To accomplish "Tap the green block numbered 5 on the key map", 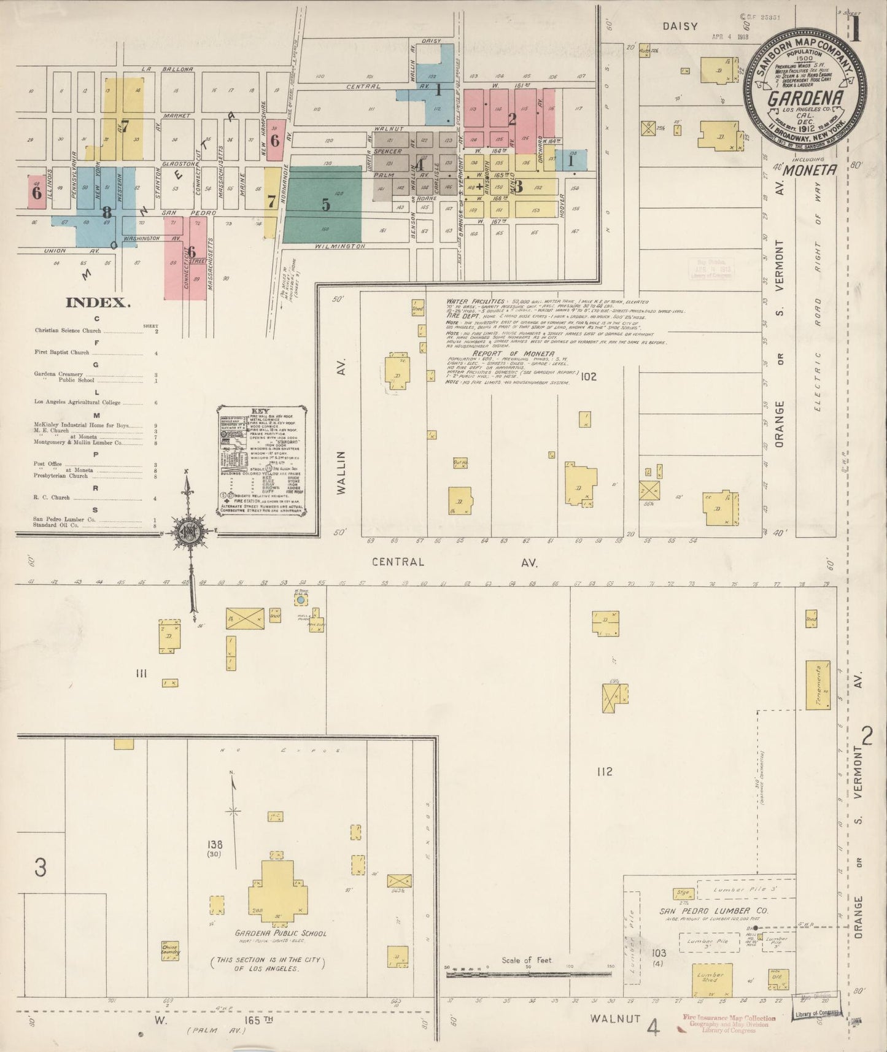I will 323,204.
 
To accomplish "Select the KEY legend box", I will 261,459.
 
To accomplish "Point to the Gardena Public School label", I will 281,933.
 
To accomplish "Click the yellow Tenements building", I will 818,686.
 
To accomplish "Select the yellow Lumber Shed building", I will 712,980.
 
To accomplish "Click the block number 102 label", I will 588,376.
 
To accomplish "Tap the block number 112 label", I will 604,772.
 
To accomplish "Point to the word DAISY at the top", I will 680,26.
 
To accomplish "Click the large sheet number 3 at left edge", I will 40,867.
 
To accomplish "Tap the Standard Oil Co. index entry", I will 56,525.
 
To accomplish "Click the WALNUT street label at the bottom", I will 616,1018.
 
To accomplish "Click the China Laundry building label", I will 170,949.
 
